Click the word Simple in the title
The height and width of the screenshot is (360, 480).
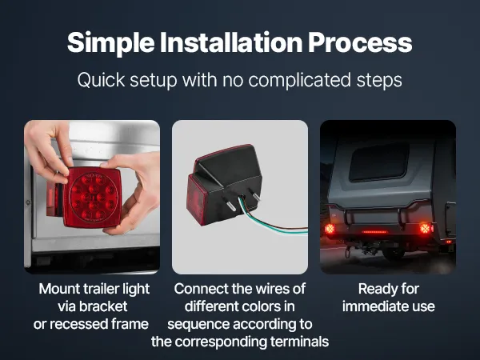(111, 43)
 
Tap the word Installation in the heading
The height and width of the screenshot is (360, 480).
(231, 42)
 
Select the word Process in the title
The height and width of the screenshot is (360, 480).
(360, 43)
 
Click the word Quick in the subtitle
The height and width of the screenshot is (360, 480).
(101, 80)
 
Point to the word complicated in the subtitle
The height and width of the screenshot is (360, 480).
(299, 81)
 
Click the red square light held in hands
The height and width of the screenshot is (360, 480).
(93, 197)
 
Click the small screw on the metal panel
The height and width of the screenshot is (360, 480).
(28, 202)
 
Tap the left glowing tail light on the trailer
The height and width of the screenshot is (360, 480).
(330, 229)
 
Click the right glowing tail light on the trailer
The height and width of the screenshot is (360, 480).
(426, 228)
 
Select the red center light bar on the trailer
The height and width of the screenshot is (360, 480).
(374, 232)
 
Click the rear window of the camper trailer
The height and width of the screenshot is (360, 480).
(379, 162)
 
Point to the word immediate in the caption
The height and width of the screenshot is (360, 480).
(378, 306)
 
